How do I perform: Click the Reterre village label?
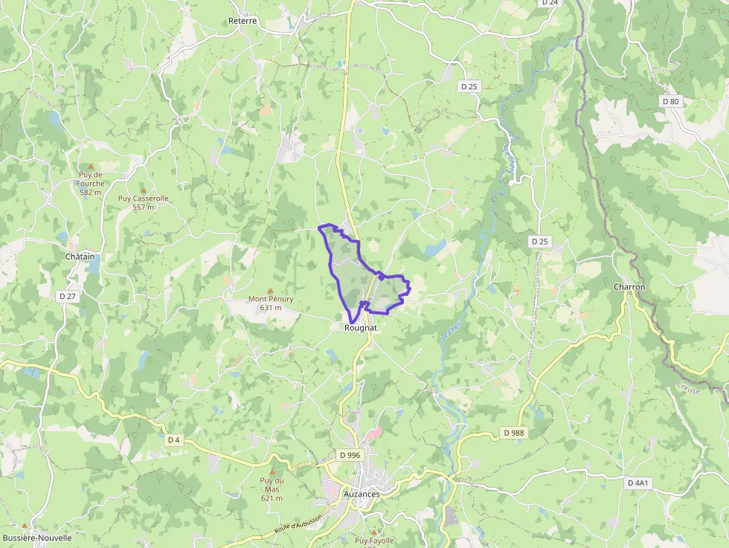pos(243,21)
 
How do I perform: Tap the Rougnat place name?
pos(361,327)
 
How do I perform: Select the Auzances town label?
pos(362,494)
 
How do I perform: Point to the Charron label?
pos(629,286)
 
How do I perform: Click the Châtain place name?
pos(80,257)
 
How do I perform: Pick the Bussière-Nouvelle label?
pos(37,538)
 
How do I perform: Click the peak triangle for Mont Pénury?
pos(270,290)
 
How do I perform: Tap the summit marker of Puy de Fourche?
pos(91,166)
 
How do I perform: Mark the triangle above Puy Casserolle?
pos(143,190)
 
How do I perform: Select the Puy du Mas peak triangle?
pos(271,471)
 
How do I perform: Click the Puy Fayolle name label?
pos(374,541)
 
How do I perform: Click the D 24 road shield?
pos(550,2)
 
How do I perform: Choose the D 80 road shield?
pos(670,101)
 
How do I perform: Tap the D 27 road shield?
pos(68,296)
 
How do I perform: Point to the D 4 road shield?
pos(174,439)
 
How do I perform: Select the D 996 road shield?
pos(350,454)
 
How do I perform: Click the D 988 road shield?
pos(514,432)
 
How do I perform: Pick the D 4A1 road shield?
pos(638,483)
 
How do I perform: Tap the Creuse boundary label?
pos(688,387)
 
